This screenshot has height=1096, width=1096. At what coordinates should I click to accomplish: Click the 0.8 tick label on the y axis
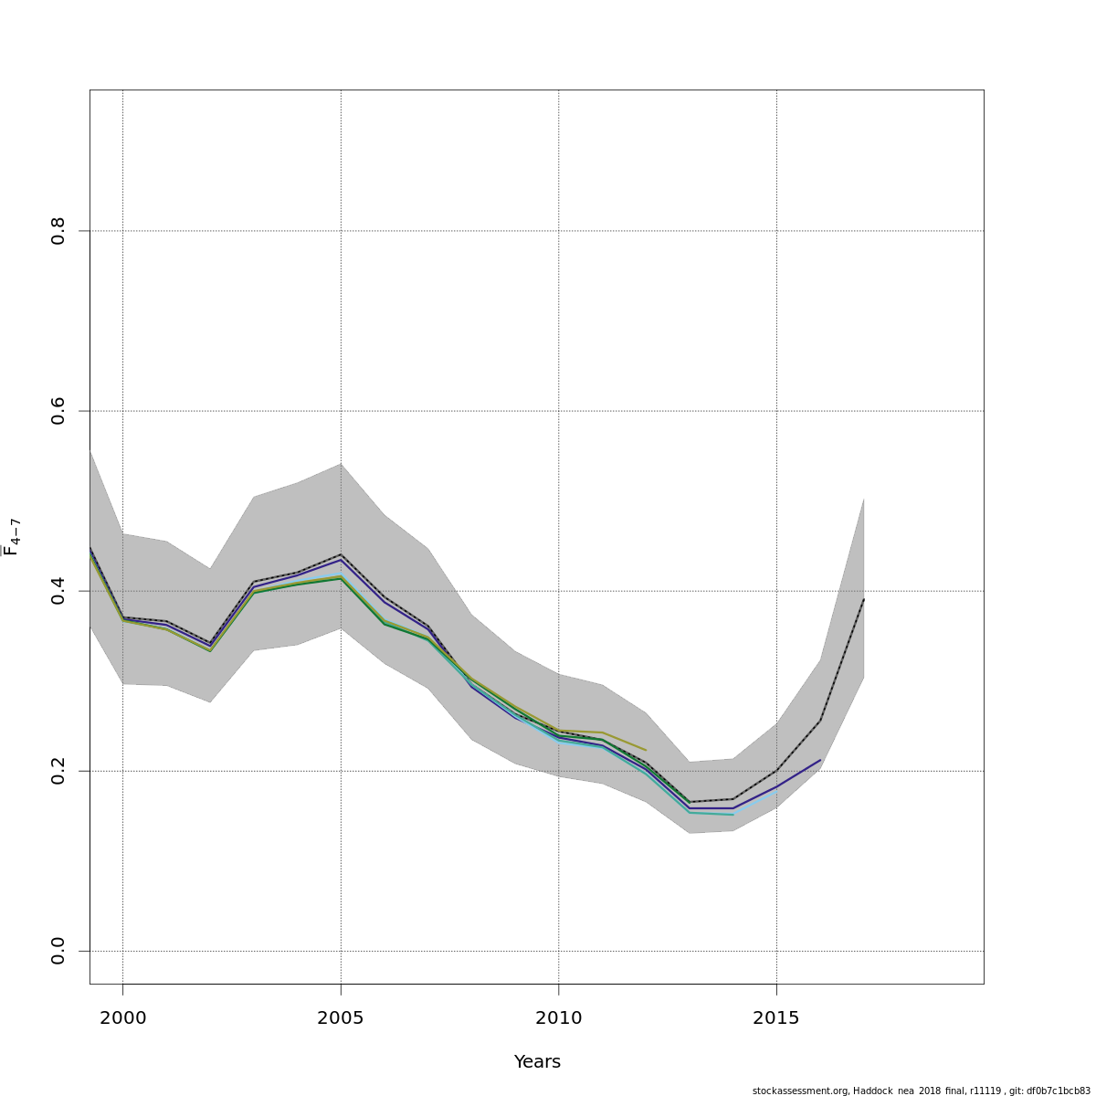point(58,231)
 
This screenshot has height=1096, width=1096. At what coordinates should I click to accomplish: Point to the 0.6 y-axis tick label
point(58,411)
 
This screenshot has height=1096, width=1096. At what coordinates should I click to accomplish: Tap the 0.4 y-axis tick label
point(58,591)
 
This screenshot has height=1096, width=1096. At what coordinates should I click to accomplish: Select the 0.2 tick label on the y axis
point(58,771)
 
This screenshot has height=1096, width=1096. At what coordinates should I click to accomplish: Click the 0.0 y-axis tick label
point(58,951)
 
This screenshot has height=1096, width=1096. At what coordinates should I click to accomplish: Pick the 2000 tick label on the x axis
point(122,1018)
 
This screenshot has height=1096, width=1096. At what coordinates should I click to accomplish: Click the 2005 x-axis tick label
point(341,1018)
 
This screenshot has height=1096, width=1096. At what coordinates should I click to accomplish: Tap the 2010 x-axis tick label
point(559,1018)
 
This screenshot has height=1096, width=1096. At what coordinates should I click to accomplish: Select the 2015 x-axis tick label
point(776,1018)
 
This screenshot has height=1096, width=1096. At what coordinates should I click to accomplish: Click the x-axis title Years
point(537,1062)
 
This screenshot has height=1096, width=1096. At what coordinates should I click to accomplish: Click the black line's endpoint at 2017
point(863,599)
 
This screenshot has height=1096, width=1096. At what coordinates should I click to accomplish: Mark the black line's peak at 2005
point(341,554)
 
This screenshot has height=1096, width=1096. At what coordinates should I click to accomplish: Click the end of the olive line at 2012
point(646,750)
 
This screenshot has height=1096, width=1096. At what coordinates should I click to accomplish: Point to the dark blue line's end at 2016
point(820,760)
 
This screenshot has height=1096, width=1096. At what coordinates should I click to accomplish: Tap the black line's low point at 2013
point(690,802)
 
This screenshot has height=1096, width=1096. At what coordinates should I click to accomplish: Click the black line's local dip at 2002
point(210,643)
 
